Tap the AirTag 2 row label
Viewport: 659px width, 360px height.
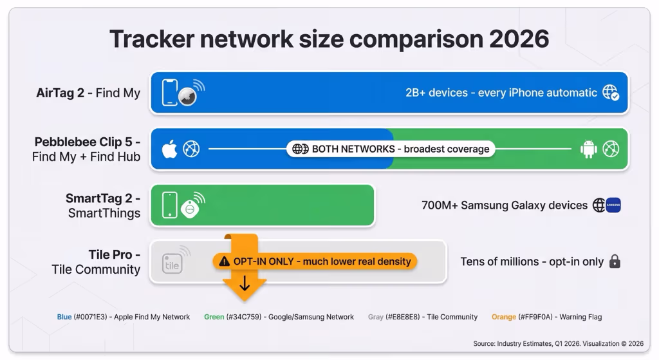pyautogui.click(x=88, y=93)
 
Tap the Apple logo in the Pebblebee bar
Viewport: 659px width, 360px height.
pyautogui.click(x=169, y=149)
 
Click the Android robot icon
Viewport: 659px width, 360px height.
pyautogui.click(x=588, y=149)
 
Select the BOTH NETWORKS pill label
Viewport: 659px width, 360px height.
pyautogui.click(x=391, y=149)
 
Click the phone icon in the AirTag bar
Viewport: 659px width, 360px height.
pyautogui.click(x=170, y=93)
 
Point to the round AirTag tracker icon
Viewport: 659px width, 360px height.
pyautogui.click(x=187, y=96)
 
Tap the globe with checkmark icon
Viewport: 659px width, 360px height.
pyautogui.click(x=610, y=93)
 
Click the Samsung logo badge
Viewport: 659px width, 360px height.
pyautogui.click(x=613, y=205)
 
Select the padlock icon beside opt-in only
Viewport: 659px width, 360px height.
pyautogui.click(x=615, y=261)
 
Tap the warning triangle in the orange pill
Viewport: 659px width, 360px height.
pyautogui.click(x=224, y=261)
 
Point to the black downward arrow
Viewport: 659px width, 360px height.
pyautogui.click(x=245, y=283)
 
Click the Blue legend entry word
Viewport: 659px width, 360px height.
pyautogui.click(x=64, y=317)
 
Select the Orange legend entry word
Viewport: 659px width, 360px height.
pyautogui.click(x=504, y=317)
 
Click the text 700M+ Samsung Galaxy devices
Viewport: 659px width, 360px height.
pyautogui.click(x=505, y=205)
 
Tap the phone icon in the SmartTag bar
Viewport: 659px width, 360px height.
pyautogui.click(x=170, y=205)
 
